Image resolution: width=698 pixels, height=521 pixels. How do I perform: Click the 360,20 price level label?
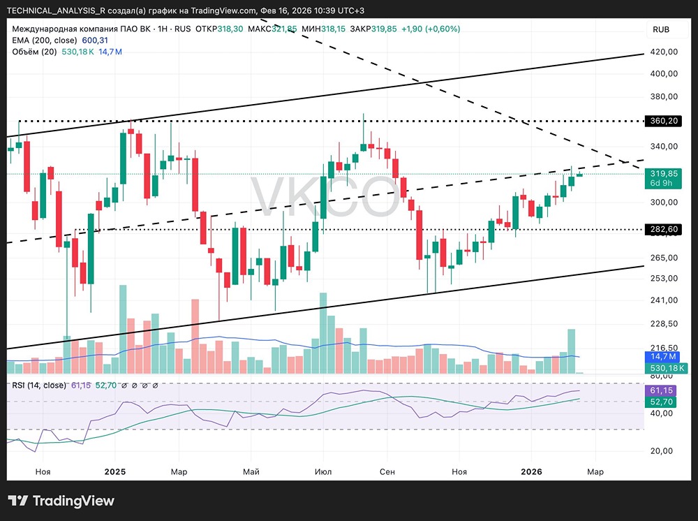click(x=664, y=121)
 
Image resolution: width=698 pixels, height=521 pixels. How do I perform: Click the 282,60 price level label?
click(x=664, y=229)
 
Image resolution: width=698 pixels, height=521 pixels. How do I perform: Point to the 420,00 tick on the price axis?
click(x=664, y=52)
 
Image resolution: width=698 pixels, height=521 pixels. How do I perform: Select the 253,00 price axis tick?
click(x=664, y=279)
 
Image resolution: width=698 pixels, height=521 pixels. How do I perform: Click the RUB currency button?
click(x=661, y=29)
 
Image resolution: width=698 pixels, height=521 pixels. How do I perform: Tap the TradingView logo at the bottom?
click(x=61, y=501)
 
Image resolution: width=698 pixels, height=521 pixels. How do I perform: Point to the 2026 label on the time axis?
click(x=532, y=472)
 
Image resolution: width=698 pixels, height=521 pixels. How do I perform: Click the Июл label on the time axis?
click(x=322, y=472)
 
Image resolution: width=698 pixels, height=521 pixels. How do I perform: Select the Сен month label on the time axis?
click(x=387, y=472)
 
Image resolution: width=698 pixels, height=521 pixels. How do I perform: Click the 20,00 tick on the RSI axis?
click(x=664, y=450)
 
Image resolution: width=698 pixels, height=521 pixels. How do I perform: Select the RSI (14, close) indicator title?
click(x=38, y=385)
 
